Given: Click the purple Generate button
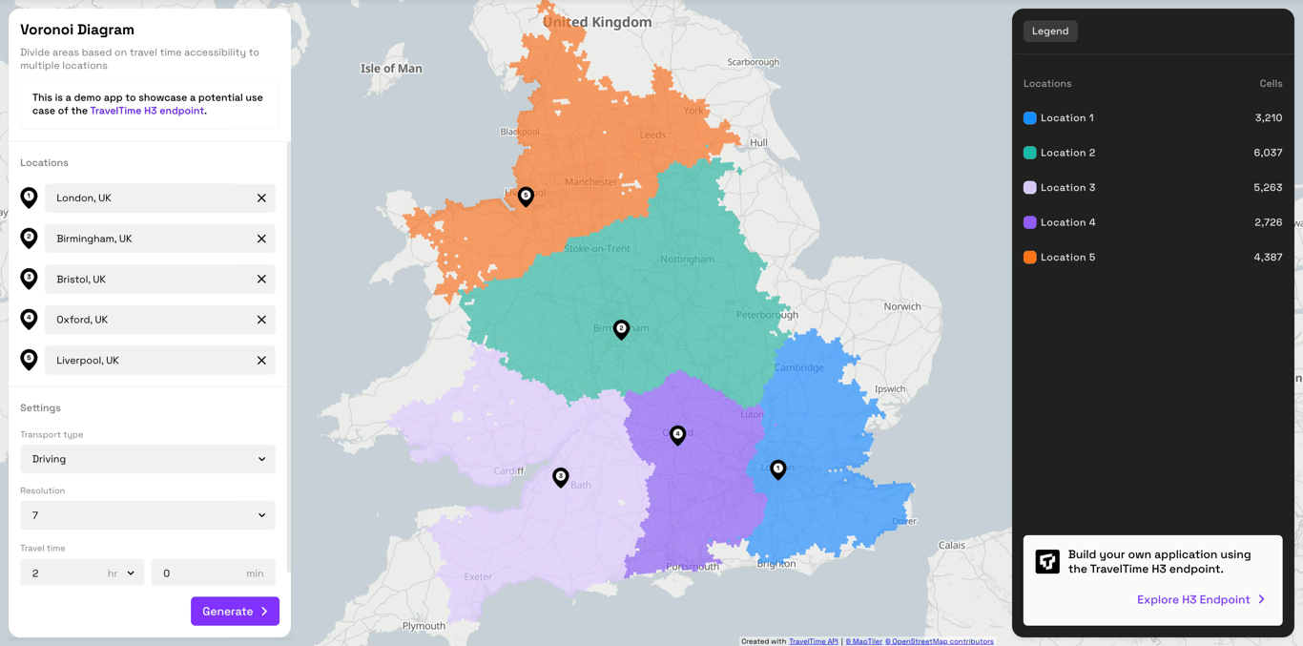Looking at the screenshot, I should pos(235,611).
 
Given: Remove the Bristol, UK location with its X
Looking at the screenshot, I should pos(261,280).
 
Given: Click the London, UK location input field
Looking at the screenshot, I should pos(148,198).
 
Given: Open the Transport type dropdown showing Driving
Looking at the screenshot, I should pos(148,459).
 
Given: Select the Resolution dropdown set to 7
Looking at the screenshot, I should pos(148,515).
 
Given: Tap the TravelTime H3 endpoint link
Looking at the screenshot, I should pos(147,111).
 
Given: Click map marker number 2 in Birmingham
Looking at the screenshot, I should pos(621,329).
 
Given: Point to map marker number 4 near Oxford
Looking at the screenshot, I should pos(677,435).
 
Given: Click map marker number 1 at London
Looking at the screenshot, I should pos(778,469).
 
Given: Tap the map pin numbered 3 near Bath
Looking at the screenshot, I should pos(561,476).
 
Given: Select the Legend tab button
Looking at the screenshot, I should pos(1050,31).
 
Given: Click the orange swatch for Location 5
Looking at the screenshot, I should pos(1029,258).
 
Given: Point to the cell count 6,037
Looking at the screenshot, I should pos(1267,153).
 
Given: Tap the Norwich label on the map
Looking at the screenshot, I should pos(901,306).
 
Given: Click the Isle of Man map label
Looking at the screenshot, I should pos(391,69).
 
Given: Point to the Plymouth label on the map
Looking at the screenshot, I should pos(424,626).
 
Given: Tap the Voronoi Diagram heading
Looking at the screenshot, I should pos(77,30).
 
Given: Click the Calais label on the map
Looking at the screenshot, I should pos(951,545).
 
